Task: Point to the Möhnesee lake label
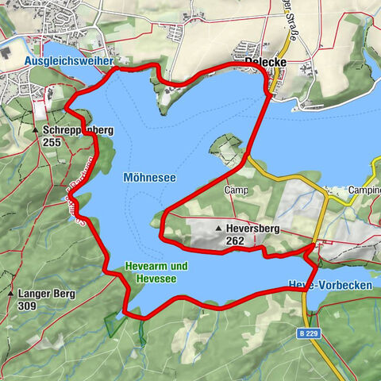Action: pyautogui.click(x=149, y=178)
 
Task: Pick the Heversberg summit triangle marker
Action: pyautogui.click(x=218, y=228)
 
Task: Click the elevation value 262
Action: pyautogui.click(x=234, y=241)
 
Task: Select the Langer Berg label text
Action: pyautogui.click(x=46, y=294)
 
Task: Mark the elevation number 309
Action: pyautogui.click(x=28, y=306)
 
